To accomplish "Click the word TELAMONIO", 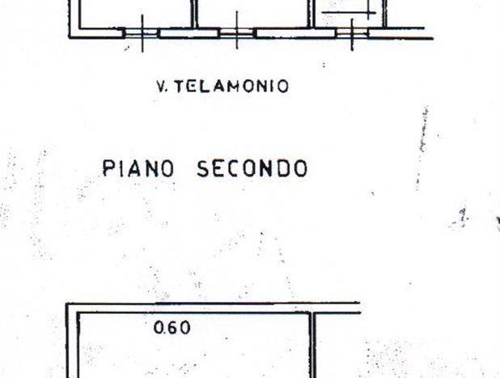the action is point(232,86).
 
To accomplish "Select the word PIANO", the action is point(138,168).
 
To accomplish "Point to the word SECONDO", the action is point(252,168).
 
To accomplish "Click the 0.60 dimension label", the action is point(172,328).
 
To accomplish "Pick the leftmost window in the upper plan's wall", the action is point(141,33).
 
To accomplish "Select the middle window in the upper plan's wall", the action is point(236,33).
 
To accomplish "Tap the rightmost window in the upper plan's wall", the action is point(352,33).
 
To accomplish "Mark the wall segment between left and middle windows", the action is point(189,33).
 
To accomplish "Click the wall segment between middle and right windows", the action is point(295,33).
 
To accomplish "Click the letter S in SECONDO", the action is point(202,168).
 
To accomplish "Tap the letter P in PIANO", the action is point(108,168).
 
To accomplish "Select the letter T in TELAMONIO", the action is point(180,86).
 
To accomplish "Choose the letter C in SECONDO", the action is point(235,168).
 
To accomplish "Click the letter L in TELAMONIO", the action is point(207,86).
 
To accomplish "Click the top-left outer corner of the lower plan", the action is point(66,304).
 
